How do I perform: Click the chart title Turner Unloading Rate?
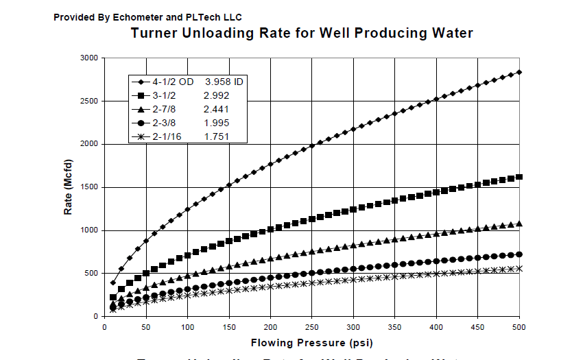302,33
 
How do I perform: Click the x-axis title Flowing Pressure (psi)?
312,341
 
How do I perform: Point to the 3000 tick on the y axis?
87,58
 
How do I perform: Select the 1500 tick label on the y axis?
87,187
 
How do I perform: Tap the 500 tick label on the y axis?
90,274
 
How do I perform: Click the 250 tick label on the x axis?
312,326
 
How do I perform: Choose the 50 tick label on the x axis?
146,326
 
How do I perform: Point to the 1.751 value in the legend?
217,137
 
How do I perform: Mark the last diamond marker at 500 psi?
519,72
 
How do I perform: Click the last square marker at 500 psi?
519,177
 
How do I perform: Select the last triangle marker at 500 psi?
519,223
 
